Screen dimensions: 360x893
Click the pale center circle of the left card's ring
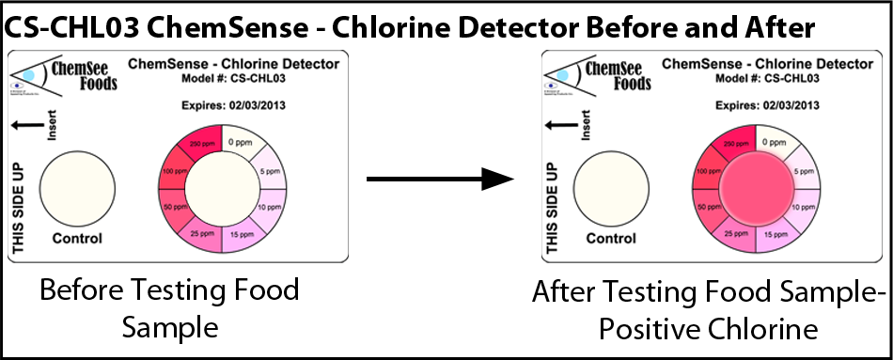point(222,189)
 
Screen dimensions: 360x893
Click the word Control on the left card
point(77,238)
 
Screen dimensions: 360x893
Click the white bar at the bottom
point(518,348)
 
